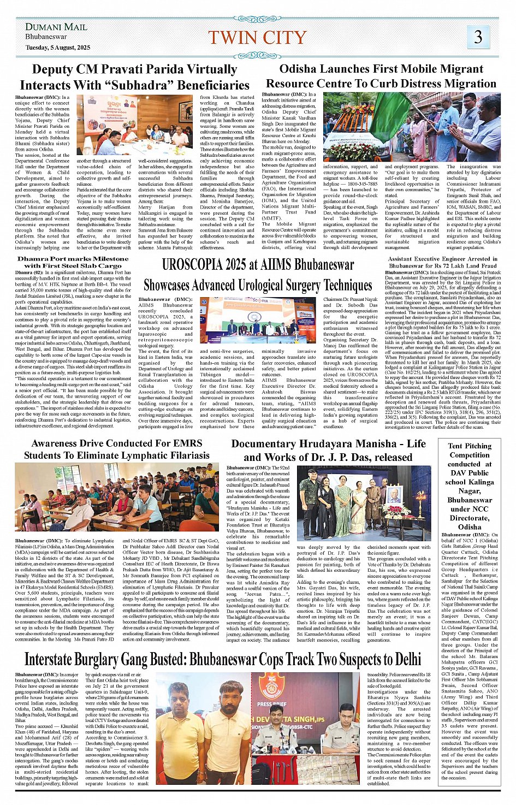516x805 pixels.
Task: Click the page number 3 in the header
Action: pos(478,37)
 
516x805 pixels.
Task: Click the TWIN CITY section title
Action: pos(257,38)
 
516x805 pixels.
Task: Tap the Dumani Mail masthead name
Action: pos(56,27)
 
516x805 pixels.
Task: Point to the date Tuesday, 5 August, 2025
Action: pos(57,48)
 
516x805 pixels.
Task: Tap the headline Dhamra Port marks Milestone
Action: pos(73,259)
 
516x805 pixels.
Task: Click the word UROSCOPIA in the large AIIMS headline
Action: pos(196,265)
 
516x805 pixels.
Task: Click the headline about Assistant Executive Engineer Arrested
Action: pos(442,262)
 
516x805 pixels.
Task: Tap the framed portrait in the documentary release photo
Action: pos(394,495)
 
